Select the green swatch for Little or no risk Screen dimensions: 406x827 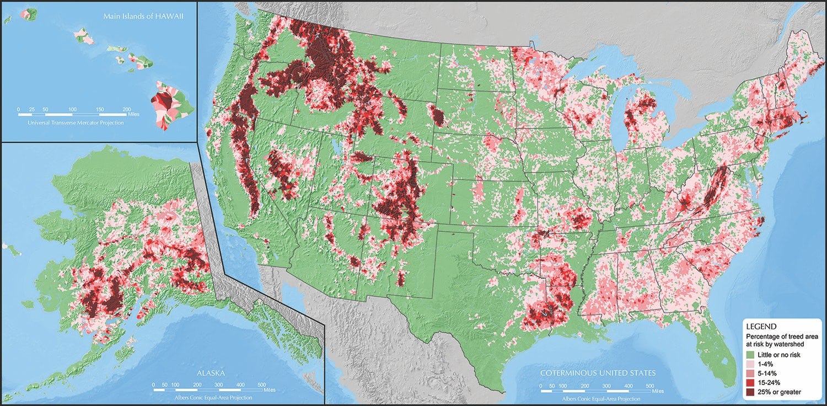coord(751,353)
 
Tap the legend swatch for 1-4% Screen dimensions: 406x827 coord(751,363)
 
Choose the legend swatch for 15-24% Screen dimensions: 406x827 coord(751,382)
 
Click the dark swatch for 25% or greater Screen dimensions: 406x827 coord(751,392)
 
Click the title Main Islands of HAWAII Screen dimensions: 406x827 coord(143,16)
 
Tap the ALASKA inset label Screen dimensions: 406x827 coord(211,373)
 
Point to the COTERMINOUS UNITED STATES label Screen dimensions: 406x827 coord(598,373)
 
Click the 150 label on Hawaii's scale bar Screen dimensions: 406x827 coord(100,109)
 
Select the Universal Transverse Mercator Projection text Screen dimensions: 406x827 coord(76,122)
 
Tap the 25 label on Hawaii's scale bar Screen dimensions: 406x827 coord(31,109)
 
